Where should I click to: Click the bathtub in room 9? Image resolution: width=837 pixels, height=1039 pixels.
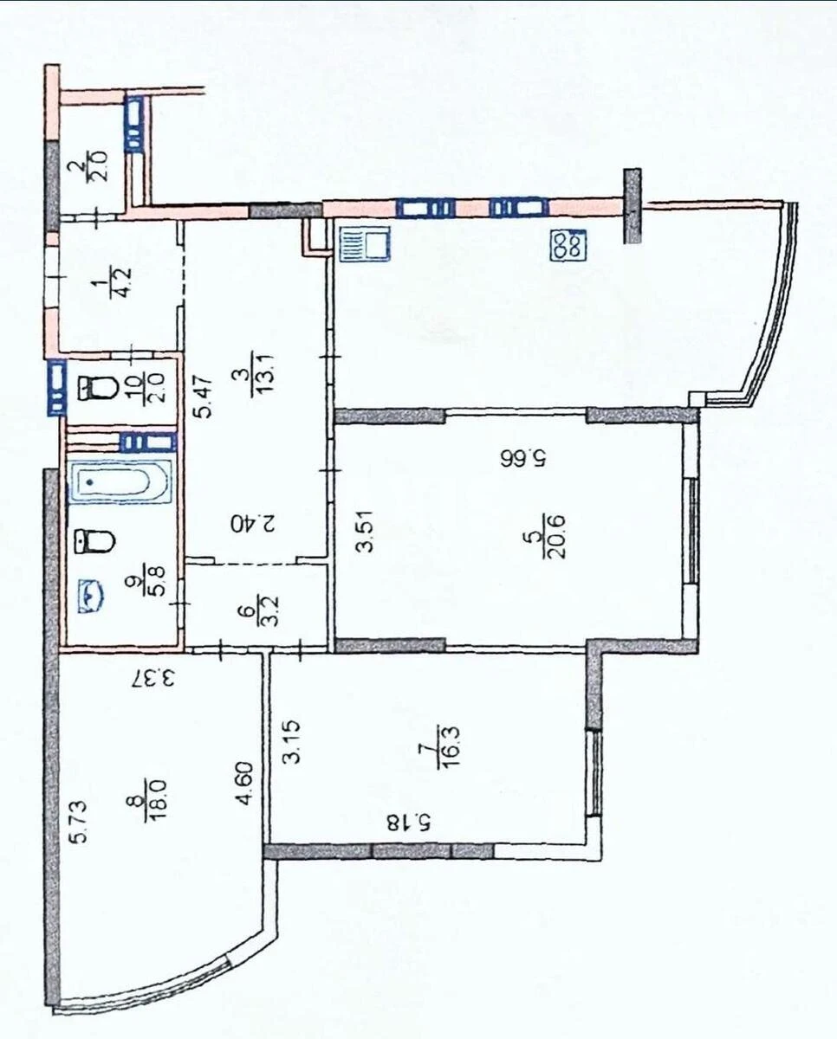point(120,482)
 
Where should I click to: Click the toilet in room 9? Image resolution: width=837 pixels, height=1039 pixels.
point(95,542)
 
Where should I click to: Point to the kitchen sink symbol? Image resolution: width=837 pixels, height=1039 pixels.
point(364,243)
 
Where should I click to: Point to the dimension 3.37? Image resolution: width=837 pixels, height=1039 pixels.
point(152,675)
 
